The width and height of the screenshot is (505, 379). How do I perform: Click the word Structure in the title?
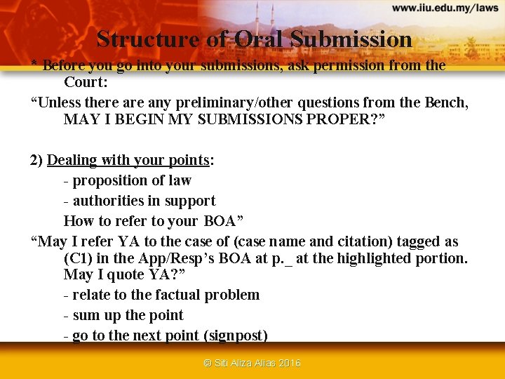[149, 39]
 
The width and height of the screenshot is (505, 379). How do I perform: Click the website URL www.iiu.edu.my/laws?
[445, 8]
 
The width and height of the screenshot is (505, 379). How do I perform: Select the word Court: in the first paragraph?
[85, 82]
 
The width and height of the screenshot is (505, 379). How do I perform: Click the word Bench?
[445, 102]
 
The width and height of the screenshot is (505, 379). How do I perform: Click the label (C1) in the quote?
[79, 258]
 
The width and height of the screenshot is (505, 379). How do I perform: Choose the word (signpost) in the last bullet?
[236, 335]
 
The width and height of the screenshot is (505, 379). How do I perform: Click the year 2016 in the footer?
[289, 363]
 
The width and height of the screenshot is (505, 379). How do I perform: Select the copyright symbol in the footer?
[207, 363]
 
